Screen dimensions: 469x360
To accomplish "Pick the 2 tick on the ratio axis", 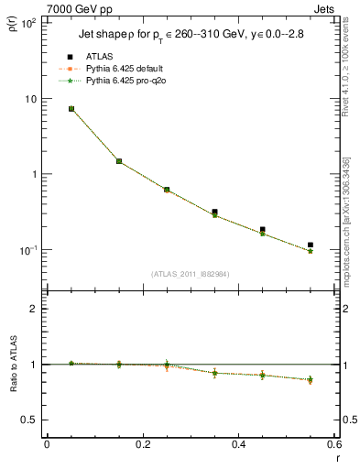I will click(36, 309).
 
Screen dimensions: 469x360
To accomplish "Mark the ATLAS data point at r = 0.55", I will click(311, 245).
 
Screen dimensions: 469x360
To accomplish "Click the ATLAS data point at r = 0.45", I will click(263, 230).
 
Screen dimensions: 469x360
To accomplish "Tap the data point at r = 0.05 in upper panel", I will click(71, 108).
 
